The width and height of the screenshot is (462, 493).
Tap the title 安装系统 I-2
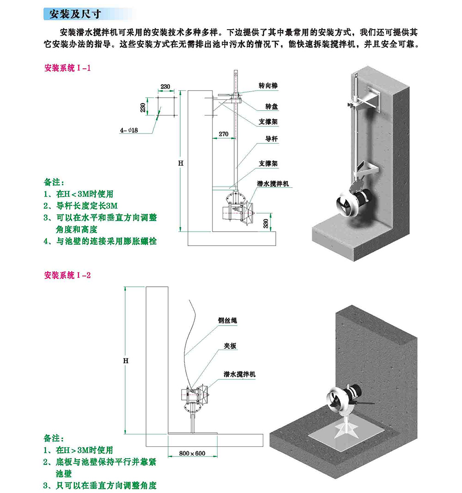click(x=67, y=275)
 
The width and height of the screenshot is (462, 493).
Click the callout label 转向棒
click(x=268, y=86)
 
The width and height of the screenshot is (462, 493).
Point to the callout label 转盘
click(x=271, y=106)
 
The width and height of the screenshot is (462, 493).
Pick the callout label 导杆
click(x=271, y=138)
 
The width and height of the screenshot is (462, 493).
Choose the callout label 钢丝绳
click(x=228, y=320)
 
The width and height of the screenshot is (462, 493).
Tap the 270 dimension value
click(x=224, y=134)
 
